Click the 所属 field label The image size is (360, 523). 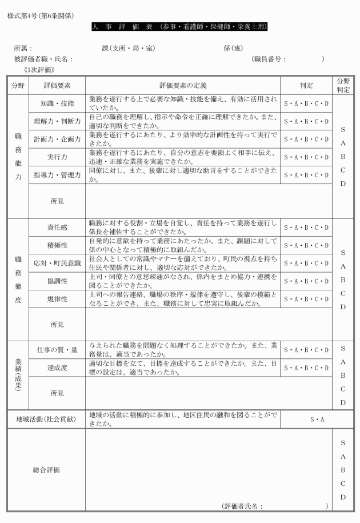(x=23, y=48)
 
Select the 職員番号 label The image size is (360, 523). (x=269, y=59)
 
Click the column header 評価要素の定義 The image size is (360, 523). (x=182, y=85)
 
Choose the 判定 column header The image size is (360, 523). (x=306, y=85)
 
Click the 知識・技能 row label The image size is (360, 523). (x=57, y=104)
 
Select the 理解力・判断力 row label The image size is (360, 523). (x=57, y=122)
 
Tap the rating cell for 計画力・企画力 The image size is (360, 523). (x=306, y=139)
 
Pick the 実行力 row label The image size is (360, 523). (x=57, y=157)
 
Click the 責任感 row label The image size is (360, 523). (x=57, y=227)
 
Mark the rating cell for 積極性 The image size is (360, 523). (x=306, y=246)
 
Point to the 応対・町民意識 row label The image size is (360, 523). (x=57, y=264)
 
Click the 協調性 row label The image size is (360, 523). (x=57, y=281)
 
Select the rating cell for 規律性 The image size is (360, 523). (x=306, y=299)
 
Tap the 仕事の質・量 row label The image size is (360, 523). (x=57, y=350)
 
